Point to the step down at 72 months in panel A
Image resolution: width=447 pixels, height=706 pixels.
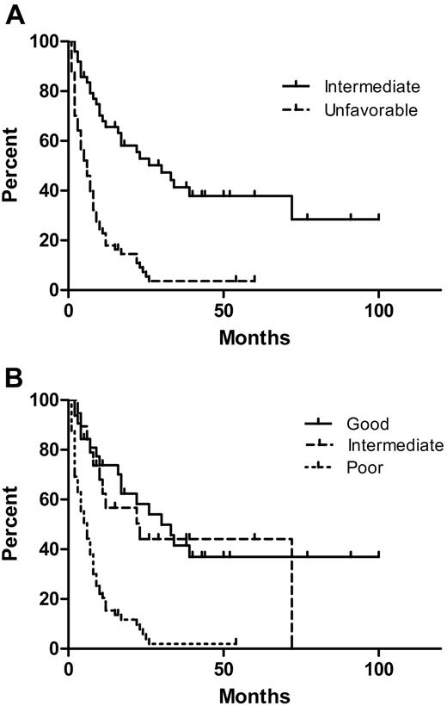[292, 207]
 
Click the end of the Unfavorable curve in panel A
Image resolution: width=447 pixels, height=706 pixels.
[254, 279]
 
